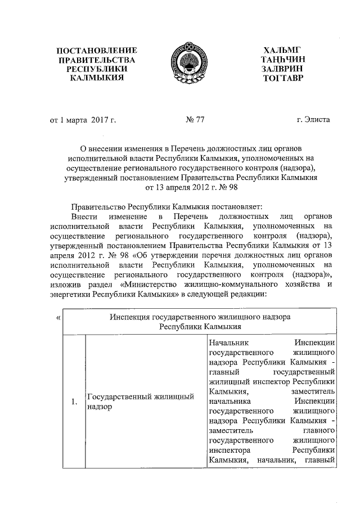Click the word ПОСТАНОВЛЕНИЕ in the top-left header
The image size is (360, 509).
point(93,49)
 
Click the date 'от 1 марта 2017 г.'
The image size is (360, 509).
point(83,119)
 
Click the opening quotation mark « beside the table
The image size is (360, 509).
point(59,318)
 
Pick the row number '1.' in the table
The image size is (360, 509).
point(74,402)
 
